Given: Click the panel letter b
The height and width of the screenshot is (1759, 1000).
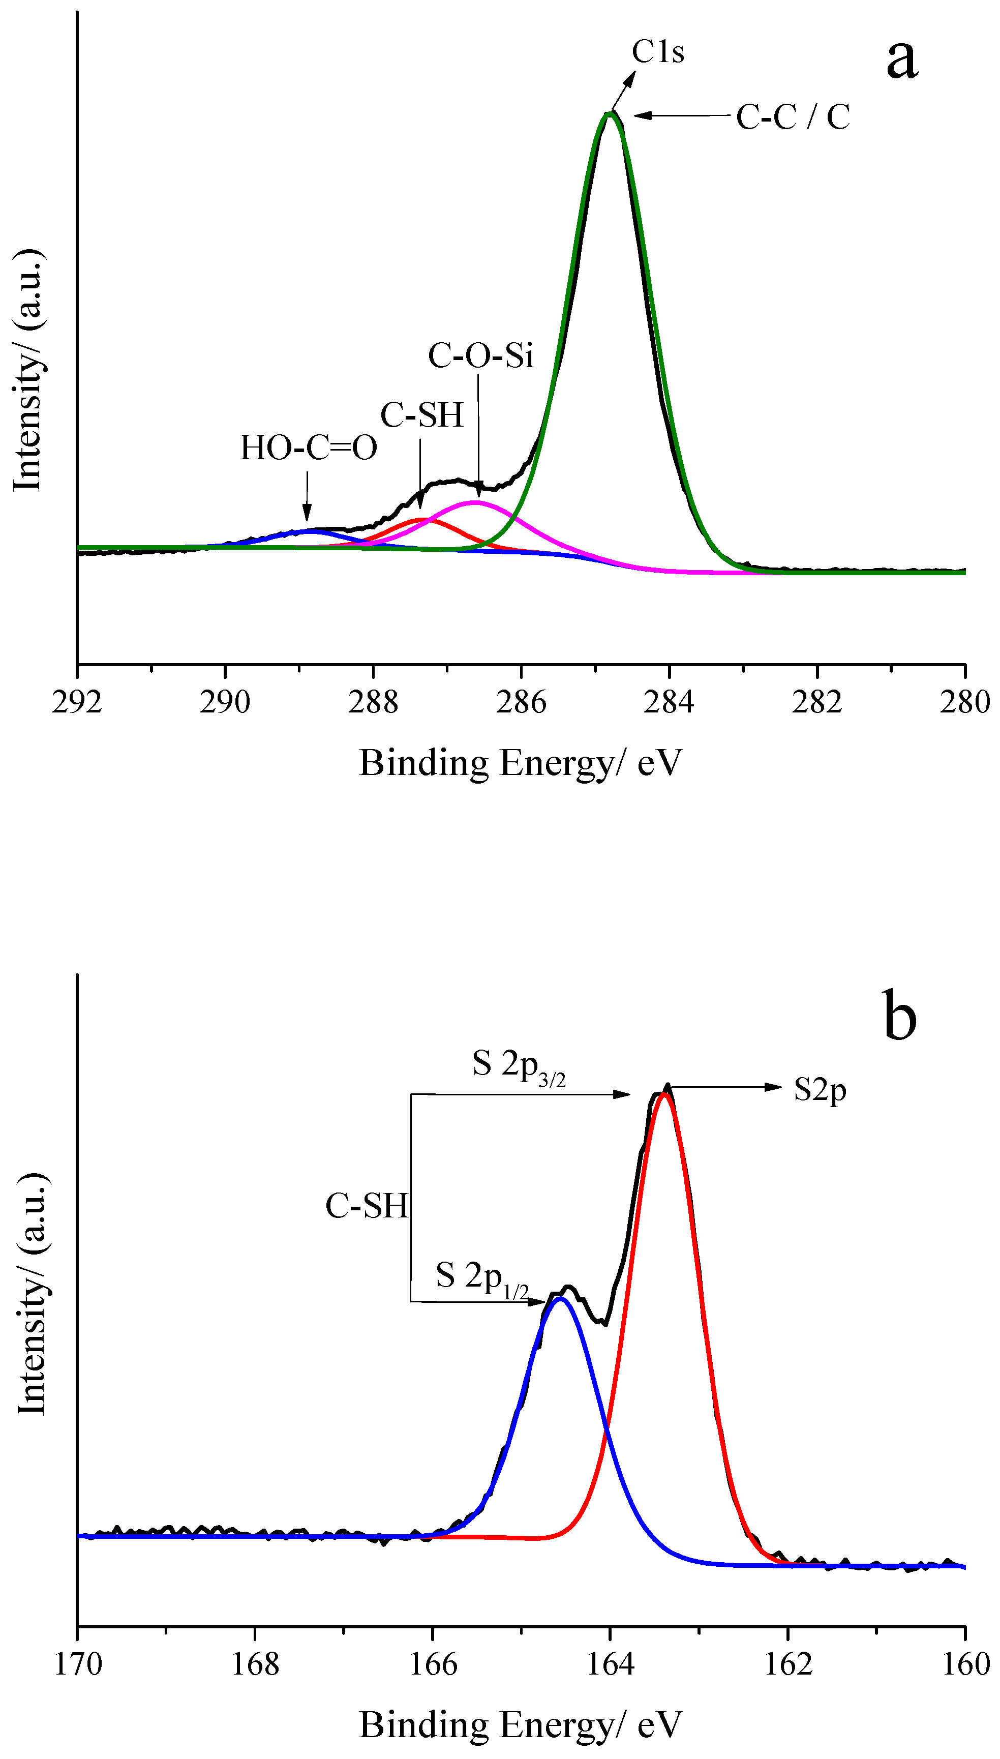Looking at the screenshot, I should pyautogui.click(x=899, y=1017).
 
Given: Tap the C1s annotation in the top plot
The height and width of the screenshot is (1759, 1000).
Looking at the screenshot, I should pyautogui.click(x=658, y=51).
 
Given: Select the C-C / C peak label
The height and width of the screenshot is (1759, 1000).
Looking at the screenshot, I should pyautogui.click(x=793, y=117).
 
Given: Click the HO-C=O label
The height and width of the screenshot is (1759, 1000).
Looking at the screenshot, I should pyautogui.click(x=309, y=448).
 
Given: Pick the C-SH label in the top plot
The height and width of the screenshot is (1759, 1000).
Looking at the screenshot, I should pyautogui.click(x=421, y=415).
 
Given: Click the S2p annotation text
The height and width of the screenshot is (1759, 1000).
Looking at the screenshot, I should pyautogui.click(x=820, y=1089).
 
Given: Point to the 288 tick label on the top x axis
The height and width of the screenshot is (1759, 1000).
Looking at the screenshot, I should pyautogui.click(x=373, y=702).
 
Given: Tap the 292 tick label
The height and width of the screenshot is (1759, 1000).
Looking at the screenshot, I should pyautogui.click(x=77, y=702).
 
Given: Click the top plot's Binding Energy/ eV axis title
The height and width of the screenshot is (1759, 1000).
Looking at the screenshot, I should pyautogui.click(x=521, y=763).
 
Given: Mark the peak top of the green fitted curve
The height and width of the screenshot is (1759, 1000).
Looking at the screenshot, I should pyautogui.click(x=609, y=114).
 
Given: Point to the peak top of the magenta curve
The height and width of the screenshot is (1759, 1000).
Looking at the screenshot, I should pyautogui.click(x=475, y=502).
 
